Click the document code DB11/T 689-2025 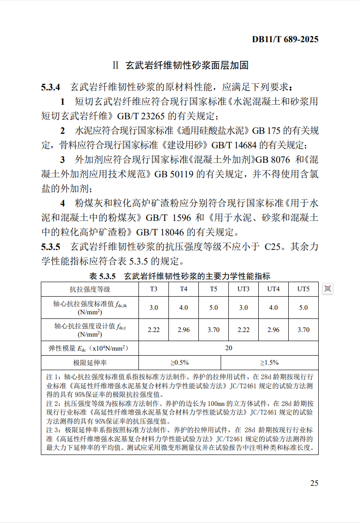(x=285, y=39)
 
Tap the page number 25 (x=314, y=483)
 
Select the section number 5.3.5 (x=50, y=247)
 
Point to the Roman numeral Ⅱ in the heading (x=115, y=65)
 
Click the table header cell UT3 (x=243, y=289)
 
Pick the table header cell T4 (x=183, y=289)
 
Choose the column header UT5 (x=303, y=289)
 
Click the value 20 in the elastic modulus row (x=228, y=348)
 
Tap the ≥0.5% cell (x=179, y=362)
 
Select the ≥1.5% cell (x=269, y=362)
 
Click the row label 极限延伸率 (x=89, y=362)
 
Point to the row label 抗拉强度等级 (x=89, y=289)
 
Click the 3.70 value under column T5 (x=213, y=330)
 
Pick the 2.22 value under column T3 (x=154, y=330)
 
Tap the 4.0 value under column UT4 (x=273, y=308)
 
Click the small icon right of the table (x=328, y=288)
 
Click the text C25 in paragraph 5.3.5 (x=273, y=247)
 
